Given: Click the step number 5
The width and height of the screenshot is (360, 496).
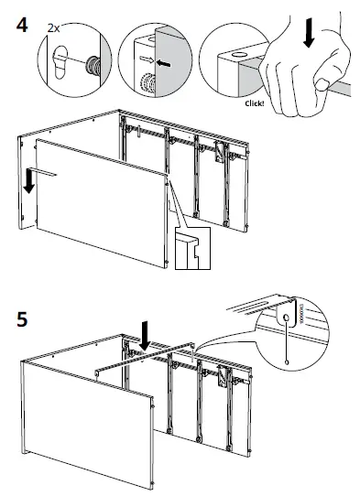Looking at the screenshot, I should click(20, 321).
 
